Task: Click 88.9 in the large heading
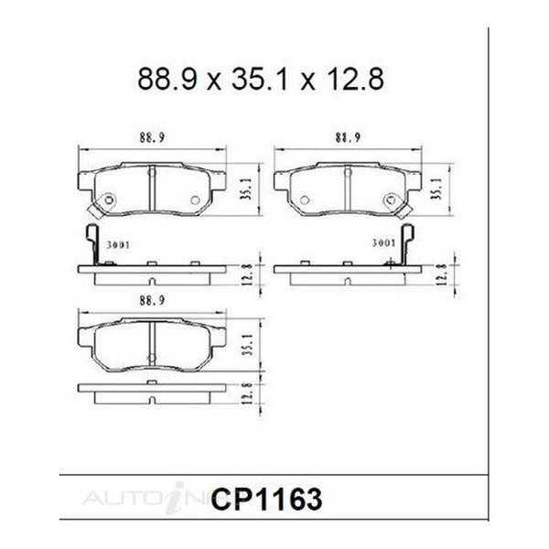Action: pyautogui.click(x=168, y=80)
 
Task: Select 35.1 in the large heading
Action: pyautogui.click(x=260, y=80)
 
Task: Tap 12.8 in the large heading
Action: pyautogui.click(x=355, y=80)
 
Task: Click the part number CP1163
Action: pyautogui.click(x=266, y=500)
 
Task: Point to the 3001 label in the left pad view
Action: pyautogui.click(x=118, y=244)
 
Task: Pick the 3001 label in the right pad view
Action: pyautogui.click(x=383, y=242)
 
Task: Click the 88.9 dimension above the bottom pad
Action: pyautogui.click(x=152, y=300)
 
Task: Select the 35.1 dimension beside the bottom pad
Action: pyautogui.click(x=247, y=345)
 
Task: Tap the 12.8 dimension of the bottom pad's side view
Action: pyautogui.click(x=247, y=393)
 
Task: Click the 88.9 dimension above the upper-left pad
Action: pyautogui.click(x=152, y=137)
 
